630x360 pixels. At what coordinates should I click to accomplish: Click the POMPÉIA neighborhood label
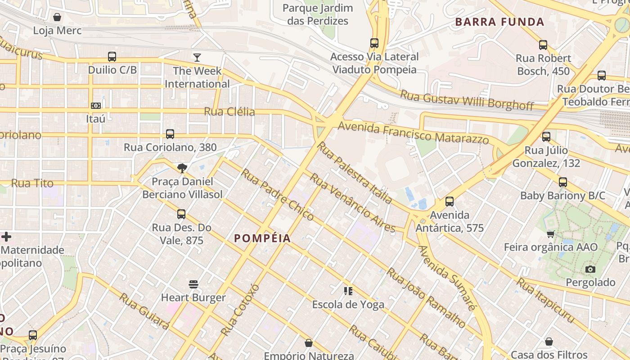click(262, 238)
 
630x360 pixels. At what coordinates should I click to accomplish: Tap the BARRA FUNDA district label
click(499, 22)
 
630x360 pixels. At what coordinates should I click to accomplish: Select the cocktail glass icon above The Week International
click(197, 57)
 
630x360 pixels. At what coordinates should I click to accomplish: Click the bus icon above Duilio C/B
click(112, 57)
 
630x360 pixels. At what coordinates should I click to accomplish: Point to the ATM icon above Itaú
click(95, 106)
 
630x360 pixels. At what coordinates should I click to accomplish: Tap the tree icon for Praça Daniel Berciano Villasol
click(182, 168)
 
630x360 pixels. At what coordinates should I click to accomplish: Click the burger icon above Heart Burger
click(193, 284)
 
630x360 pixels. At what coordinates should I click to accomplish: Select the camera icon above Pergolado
click(590, 269)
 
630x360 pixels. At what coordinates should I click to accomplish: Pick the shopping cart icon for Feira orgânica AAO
click(550, 234)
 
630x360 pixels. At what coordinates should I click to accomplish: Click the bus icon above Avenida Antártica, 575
click(449, 202)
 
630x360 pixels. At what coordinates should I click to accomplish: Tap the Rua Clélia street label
click(229, 112)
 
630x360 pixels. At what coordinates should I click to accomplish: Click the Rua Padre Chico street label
click(277, 194)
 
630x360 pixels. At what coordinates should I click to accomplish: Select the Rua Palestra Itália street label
click(355, 172)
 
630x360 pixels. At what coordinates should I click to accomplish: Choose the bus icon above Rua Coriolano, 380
click(170, 134)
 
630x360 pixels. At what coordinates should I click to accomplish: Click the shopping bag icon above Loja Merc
click(57, 18)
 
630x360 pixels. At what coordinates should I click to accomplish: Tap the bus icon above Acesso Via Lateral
click(374, 43)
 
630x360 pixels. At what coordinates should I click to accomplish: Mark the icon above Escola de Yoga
click(348, 291)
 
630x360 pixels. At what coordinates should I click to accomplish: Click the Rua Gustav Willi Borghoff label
click(467, 100)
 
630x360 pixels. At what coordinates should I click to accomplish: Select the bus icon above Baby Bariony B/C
click(562, 182)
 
